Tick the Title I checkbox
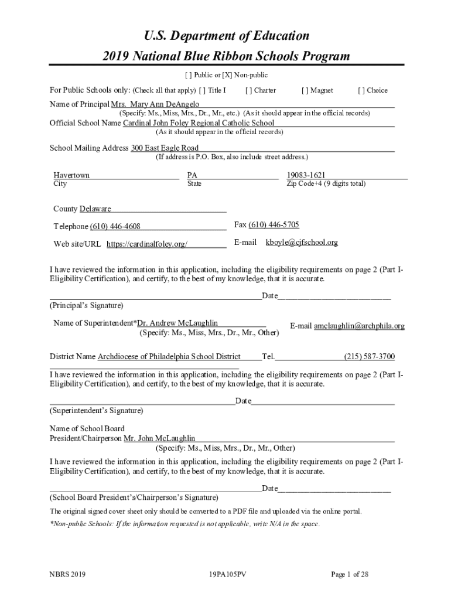pos(203,91)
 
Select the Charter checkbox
pos(250,91)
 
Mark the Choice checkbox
pos(362,91)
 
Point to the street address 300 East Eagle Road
pos(165,148)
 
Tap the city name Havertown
pos(71,175)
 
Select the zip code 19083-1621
pos(306,175)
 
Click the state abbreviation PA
pos(192,175)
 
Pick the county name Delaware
pos(95,209)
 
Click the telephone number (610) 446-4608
pos(115,227)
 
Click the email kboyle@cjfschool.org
pos(302,243)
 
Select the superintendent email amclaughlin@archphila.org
pos(359,326)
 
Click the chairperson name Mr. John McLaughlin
pos(159,438)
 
